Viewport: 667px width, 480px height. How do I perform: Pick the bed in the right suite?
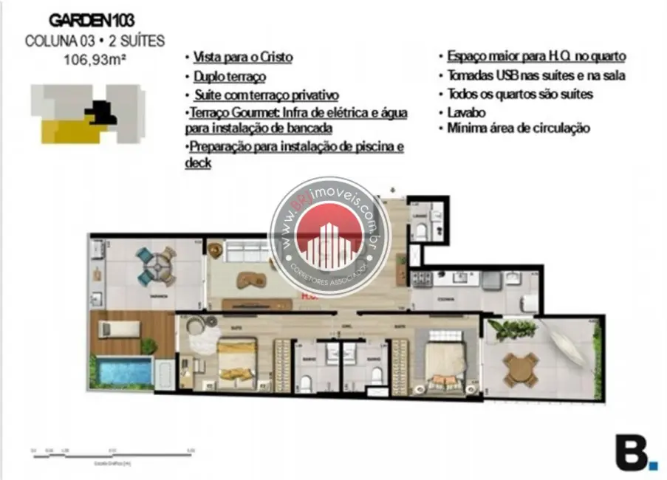444,361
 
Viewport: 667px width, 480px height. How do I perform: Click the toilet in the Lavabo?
420,230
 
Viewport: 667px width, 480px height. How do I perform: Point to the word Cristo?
274,57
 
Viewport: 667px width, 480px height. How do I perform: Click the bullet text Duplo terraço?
229,76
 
